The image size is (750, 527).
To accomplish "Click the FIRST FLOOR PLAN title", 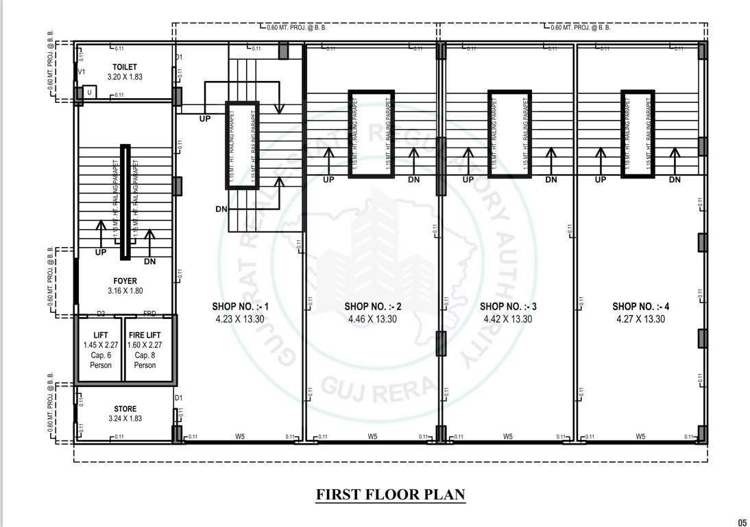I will coord(390,494).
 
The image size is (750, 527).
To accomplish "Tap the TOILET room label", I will coord(125,67).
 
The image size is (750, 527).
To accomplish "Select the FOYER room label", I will coord(125,281).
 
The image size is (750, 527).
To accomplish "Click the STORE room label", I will coord(125,409).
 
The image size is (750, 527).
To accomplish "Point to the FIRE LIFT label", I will coord(145,335).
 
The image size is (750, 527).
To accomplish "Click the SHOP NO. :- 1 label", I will coord(239,307).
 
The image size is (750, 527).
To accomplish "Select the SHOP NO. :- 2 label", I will coord(372,307).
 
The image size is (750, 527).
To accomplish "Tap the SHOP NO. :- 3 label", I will coord(507,307).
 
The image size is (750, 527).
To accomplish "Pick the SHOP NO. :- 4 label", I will coord(640,307).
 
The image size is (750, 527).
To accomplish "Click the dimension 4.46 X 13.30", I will coord(372,319).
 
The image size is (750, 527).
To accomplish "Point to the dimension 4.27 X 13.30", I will coord(640,319).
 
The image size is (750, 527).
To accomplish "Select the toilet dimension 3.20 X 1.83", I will coord(125,77).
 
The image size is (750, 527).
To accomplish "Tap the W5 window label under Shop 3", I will coord(508,436).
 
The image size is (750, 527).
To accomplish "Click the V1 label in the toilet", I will coord(82,72).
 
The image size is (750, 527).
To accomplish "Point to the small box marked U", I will coord(88,91).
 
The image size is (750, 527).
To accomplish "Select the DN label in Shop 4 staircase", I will coord(675,180).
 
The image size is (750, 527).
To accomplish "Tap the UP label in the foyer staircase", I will coord(101,253).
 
